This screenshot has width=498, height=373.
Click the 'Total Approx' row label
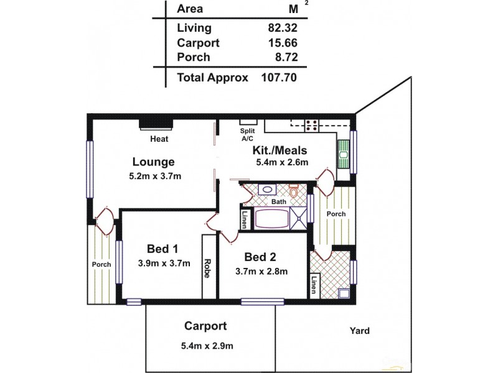point(213,78)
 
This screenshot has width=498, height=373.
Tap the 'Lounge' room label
point(152,161)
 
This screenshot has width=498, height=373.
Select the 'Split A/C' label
point(247,136)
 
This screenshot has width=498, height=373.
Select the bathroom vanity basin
point(266,189)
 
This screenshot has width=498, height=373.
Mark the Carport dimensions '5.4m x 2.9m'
point(205,346)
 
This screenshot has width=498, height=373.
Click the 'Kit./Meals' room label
point(280,151)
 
